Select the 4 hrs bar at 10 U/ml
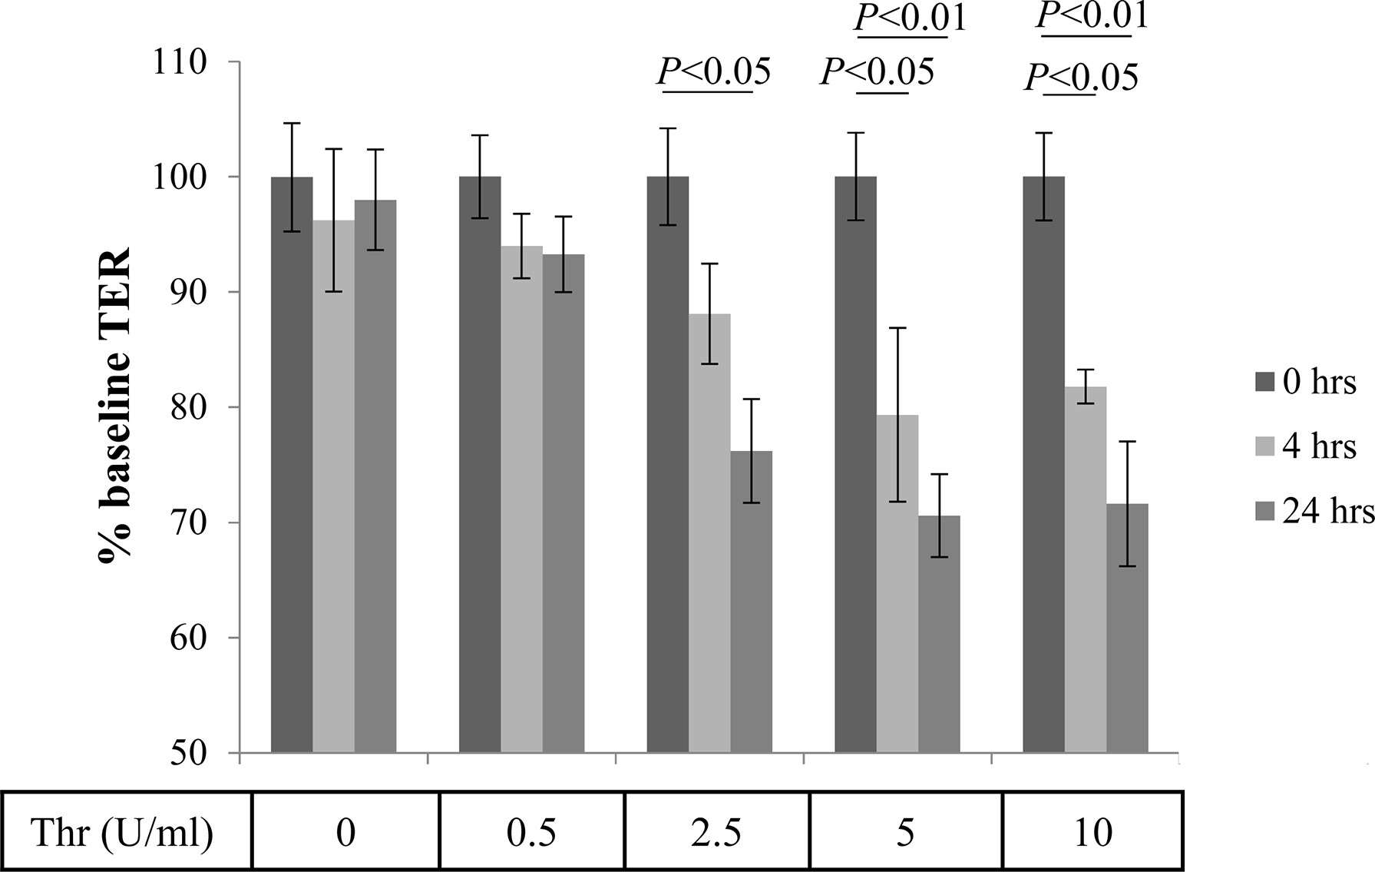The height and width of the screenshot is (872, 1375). point(1085,569)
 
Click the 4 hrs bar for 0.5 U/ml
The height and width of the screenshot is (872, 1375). point(521,499)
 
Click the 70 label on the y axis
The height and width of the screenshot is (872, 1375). point(187,523)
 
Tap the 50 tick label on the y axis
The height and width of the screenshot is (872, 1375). point(187,753)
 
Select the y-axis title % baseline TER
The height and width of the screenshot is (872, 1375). point(115,407)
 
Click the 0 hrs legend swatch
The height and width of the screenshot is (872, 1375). point(1264,382)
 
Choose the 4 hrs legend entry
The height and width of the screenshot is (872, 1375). point(1305,446)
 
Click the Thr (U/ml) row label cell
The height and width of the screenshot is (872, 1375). point(123,832)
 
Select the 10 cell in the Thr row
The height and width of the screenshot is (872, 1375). point(1092,832)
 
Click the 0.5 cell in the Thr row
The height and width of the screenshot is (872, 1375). point(531,832)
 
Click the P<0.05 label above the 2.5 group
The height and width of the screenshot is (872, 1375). point(713,71)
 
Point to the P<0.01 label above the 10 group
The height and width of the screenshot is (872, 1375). point(1092,15)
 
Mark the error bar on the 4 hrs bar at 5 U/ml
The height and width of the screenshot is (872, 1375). point(897,415)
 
